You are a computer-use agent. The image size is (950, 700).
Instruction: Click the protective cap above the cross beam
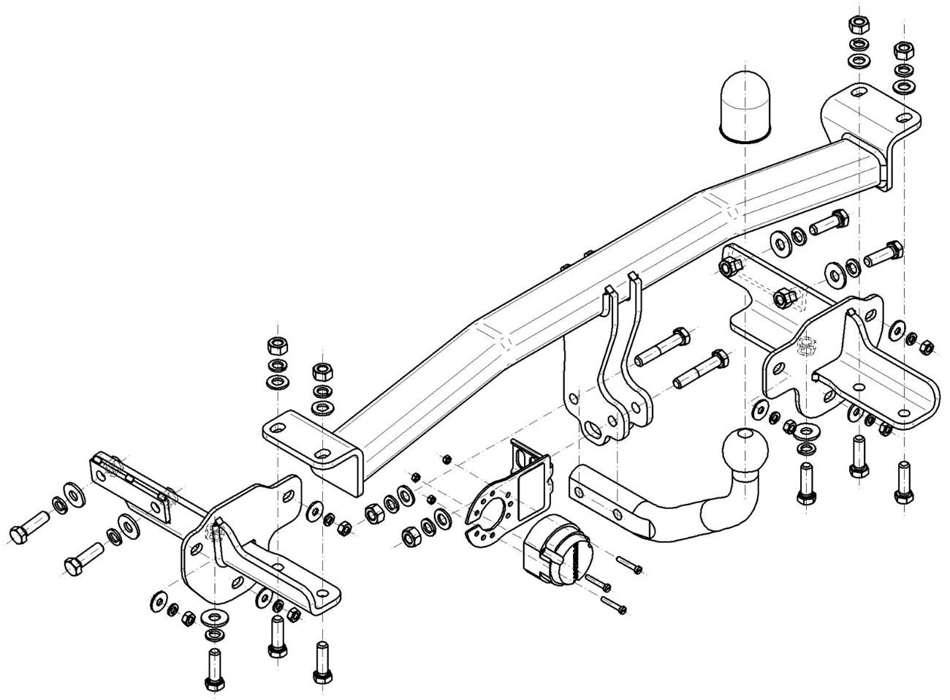(743, 104)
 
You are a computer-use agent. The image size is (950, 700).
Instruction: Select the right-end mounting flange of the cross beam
(870, 117)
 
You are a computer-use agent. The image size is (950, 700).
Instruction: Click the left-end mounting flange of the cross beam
(307, 440)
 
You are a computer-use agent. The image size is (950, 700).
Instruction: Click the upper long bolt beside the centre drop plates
(661, 347)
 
